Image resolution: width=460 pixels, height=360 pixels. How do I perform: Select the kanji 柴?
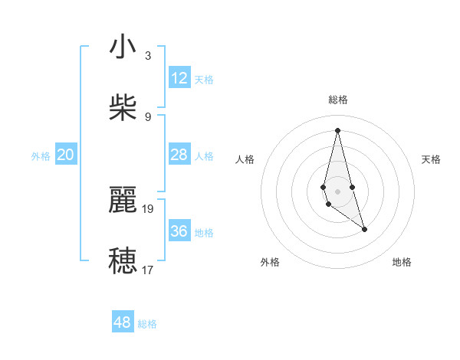123,107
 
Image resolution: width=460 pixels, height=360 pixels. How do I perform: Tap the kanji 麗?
123,201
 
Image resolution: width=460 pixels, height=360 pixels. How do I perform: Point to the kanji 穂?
123,260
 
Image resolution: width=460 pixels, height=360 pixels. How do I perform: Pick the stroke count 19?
148,208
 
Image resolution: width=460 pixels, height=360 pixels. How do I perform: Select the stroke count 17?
148,269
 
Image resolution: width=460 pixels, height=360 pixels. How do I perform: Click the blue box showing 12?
179,78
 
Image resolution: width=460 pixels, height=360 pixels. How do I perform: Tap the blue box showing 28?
179,155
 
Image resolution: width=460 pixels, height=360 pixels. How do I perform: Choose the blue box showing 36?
179,231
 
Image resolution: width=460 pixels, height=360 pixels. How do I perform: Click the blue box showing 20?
66,155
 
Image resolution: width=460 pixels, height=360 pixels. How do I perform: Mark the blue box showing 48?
123,322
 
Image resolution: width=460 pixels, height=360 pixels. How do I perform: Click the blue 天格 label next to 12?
204,80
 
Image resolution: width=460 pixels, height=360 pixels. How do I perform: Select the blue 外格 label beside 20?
41,156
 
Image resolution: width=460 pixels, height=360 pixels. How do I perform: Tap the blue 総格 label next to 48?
147,324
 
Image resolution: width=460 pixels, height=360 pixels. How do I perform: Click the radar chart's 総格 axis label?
338,100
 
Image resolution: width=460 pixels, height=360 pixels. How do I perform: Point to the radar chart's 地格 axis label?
402,262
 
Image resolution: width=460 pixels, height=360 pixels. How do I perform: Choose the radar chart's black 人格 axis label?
245,159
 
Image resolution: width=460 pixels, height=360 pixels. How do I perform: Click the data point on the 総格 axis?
337,129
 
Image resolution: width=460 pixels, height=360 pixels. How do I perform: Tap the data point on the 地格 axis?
364,229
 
